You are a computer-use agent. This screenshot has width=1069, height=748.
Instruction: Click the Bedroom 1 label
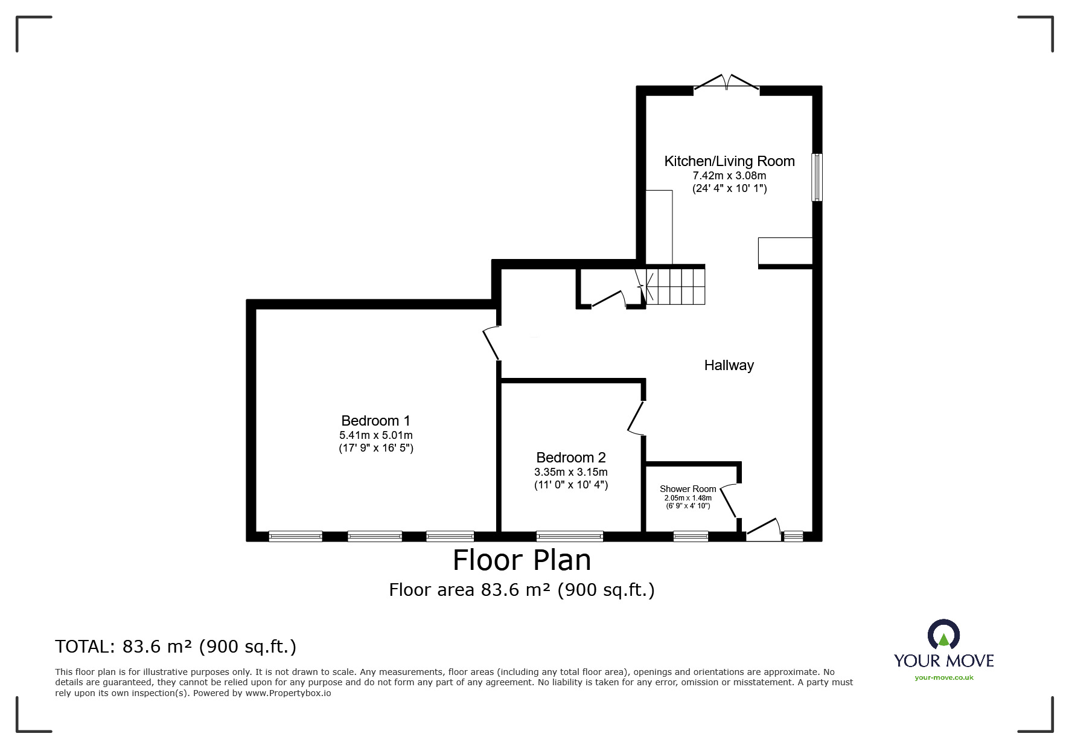pyautogui.click(x=375, y=421)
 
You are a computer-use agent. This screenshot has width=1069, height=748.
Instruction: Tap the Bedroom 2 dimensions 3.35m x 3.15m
pyautogui.click(x=570, y=472)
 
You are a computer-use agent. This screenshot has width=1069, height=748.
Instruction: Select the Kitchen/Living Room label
pyautogui.click(x=729, y=161)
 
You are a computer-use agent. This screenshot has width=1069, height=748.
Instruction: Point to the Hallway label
pyautogui.click(x=729, y=365)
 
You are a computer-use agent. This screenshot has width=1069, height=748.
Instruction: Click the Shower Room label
pyautogui.click(x=688, y=489)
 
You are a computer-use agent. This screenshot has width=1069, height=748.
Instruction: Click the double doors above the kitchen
pyautogui.click(x=727, y=83)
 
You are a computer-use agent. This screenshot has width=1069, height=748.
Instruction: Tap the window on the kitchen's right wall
pyautogui.click(x=816, y=177)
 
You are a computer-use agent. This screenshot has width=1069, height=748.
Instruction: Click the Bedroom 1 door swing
pyautogui.click(x=491, y=344)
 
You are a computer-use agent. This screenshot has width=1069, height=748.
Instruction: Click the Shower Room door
pyautogui.click(x=729, y=500)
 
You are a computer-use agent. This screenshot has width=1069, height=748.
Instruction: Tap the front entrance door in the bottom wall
pyautogui.click(x=764, y=526)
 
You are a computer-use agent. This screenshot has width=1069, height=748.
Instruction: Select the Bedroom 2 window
pyautogui.click(x=569, y=536)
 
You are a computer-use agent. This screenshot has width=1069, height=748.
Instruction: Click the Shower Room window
pyautogui.click(x=691, y=536)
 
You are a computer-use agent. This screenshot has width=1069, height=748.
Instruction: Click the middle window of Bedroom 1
pyautogui.click(x=375, y=536)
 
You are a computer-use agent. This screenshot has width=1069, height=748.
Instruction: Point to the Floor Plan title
pyautogui.click(x=522, y=560)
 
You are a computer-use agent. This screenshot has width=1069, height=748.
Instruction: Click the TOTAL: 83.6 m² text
pyautogui.click(x=176, y=647)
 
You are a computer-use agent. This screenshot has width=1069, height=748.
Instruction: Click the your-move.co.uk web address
pyautogui.click(x=943, y=677)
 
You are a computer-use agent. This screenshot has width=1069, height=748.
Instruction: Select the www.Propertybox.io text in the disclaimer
pyautogui.click(x=288, y=693)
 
